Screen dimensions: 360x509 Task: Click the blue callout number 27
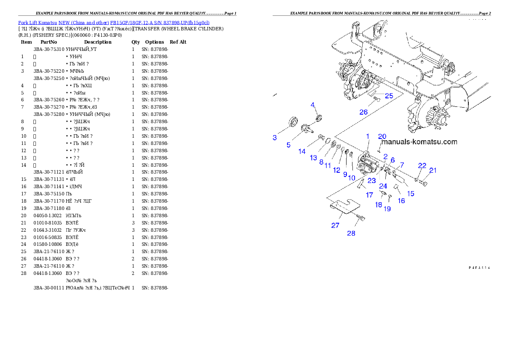point(335,225)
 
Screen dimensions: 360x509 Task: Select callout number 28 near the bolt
point(351,233)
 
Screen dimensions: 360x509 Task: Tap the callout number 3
point(275,137)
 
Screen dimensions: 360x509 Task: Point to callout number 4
point(313,105)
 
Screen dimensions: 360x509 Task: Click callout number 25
point(389,96)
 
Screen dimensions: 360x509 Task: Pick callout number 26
point(364,112)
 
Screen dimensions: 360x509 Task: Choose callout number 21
point(433,170)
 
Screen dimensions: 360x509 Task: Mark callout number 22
point(422,165)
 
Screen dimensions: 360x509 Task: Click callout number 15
point(411,193)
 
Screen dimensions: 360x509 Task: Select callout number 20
point(382,136)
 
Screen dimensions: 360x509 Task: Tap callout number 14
point(302,151)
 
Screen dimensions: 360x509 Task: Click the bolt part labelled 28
point(361,218)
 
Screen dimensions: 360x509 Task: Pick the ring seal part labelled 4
point(319,118)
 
